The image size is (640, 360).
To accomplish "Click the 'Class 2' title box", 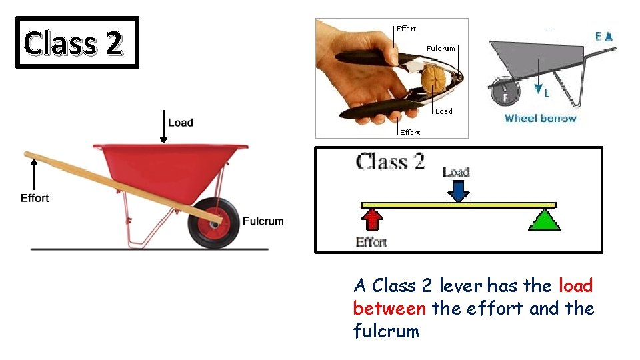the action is tap(77, 43).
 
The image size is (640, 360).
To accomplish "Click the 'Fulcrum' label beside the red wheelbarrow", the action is tap(263, 221).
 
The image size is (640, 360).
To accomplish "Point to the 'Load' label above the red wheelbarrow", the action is tap(180, 123).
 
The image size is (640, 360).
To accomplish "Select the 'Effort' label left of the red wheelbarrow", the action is tap(35, 198).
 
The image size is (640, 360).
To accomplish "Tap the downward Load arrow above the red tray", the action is tap(163, 127).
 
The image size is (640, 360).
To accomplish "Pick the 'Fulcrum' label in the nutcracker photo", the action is tap(441, 48).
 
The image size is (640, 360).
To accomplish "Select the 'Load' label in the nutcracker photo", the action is tap(443, 111).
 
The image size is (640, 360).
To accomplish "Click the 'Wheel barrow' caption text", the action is tap(540, 119).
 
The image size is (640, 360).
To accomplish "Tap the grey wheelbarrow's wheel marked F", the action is tap(505, 92).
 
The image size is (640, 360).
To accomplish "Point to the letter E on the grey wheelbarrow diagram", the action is tap(599, 37).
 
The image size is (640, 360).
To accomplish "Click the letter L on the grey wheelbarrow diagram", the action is tap(547, 94).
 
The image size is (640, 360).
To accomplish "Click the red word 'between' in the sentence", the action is tap(389, 309).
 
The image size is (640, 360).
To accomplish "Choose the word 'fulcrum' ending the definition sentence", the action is tap(386, 331).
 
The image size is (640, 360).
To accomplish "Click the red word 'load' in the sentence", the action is tap(575, 286).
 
